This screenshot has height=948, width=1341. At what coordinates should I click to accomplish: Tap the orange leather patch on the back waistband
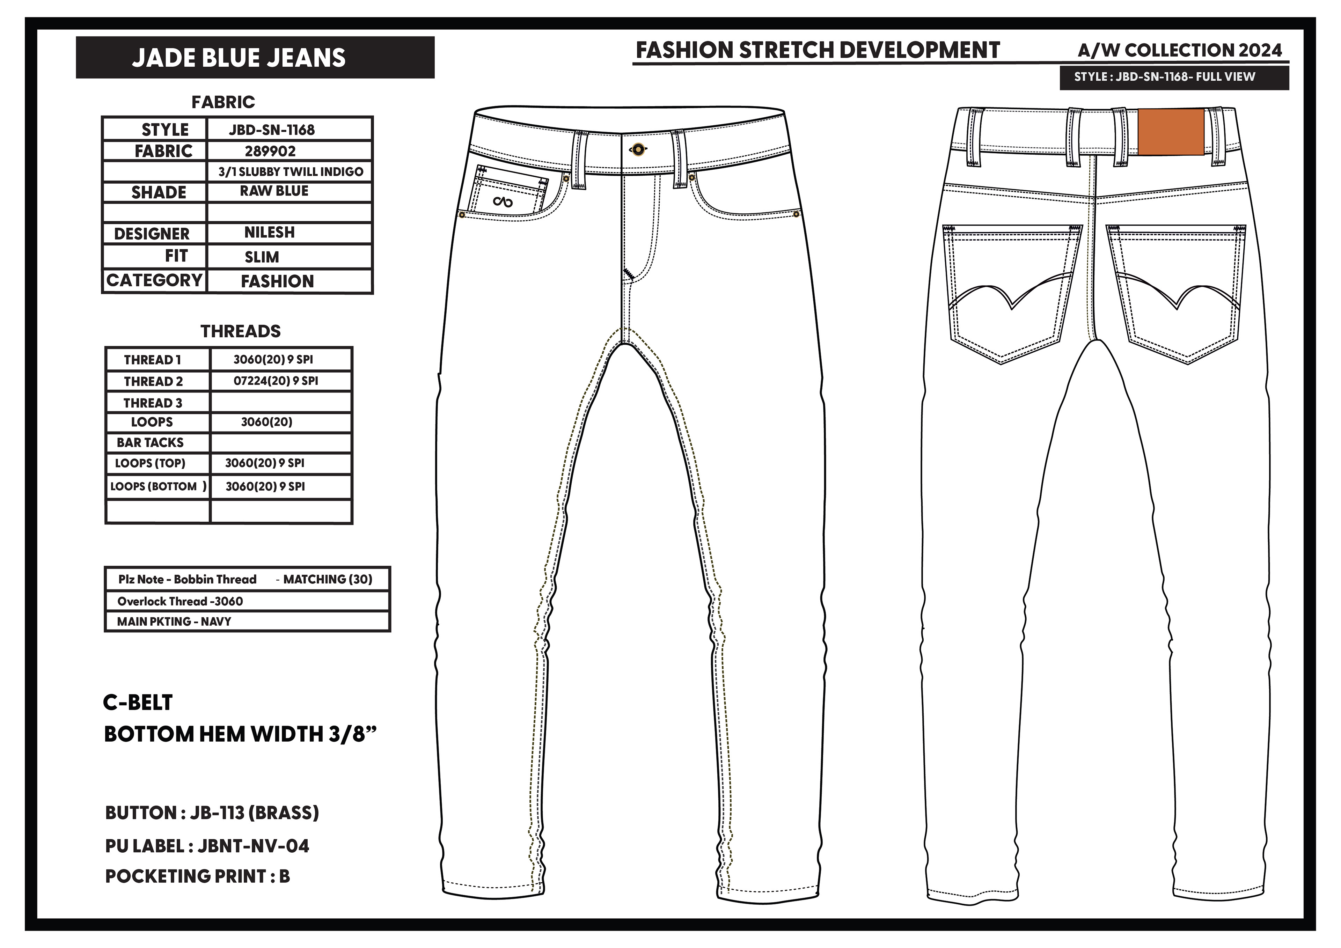pyautogui.click(x=1171, y=132)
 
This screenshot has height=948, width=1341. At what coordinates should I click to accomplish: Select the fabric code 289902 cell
pyautogui.click(x=270, y=151)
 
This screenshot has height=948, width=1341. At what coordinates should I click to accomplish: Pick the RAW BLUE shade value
pyautogui.click(x=274, y=191)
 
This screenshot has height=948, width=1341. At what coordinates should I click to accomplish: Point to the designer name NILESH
pyautogui.click(x=269, y=233)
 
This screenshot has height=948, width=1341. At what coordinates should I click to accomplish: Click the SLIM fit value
pyautogui.click(x=262, y=257)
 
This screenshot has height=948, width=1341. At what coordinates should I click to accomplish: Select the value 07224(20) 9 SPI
pyautogui.click(x=276, y=381)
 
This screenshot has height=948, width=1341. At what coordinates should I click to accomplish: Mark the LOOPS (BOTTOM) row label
pyautogui.click(x=158, y=486)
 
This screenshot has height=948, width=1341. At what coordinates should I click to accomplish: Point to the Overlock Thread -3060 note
pyautogui.click(x=180, y=601)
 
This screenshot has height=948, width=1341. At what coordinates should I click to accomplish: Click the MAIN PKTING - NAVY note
pyautogui.click(x=174, y=622)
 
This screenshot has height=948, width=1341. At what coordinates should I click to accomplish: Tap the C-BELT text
pyautogui.click(x=138, y=703)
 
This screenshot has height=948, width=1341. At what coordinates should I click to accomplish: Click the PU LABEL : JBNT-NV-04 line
pyautogui.click(x=207, y=846)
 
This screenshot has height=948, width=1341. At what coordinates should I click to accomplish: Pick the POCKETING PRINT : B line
pyautogui.click(x=197, y=876)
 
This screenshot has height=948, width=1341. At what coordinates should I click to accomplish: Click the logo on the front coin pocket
pyautogui.click(x=502, y=202)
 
